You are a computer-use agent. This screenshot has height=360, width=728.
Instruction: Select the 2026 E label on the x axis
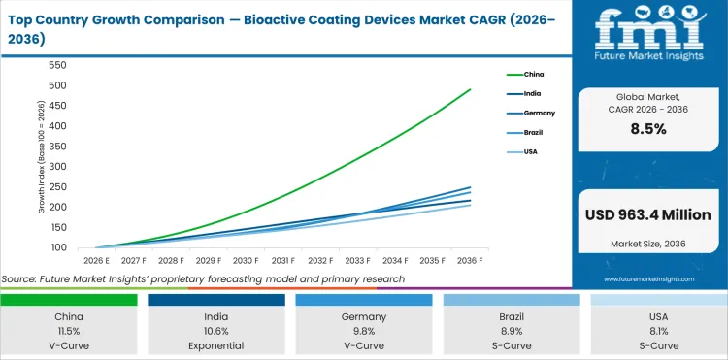pos(95,261)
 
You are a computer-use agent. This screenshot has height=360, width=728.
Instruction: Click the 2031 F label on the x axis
pos(283,261)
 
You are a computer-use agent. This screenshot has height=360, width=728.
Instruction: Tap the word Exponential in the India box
pos(216,344)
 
